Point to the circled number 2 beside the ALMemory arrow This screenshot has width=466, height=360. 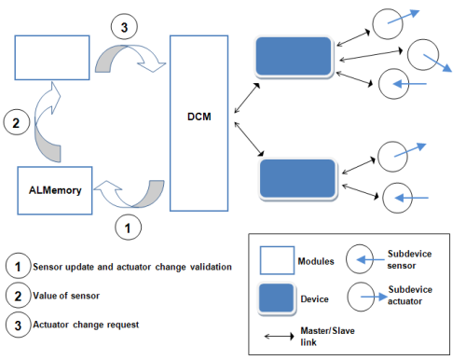15,121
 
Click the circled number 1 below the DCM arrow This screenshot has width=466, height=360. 129,225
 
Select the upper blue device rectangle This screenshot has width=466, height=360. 295,56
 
